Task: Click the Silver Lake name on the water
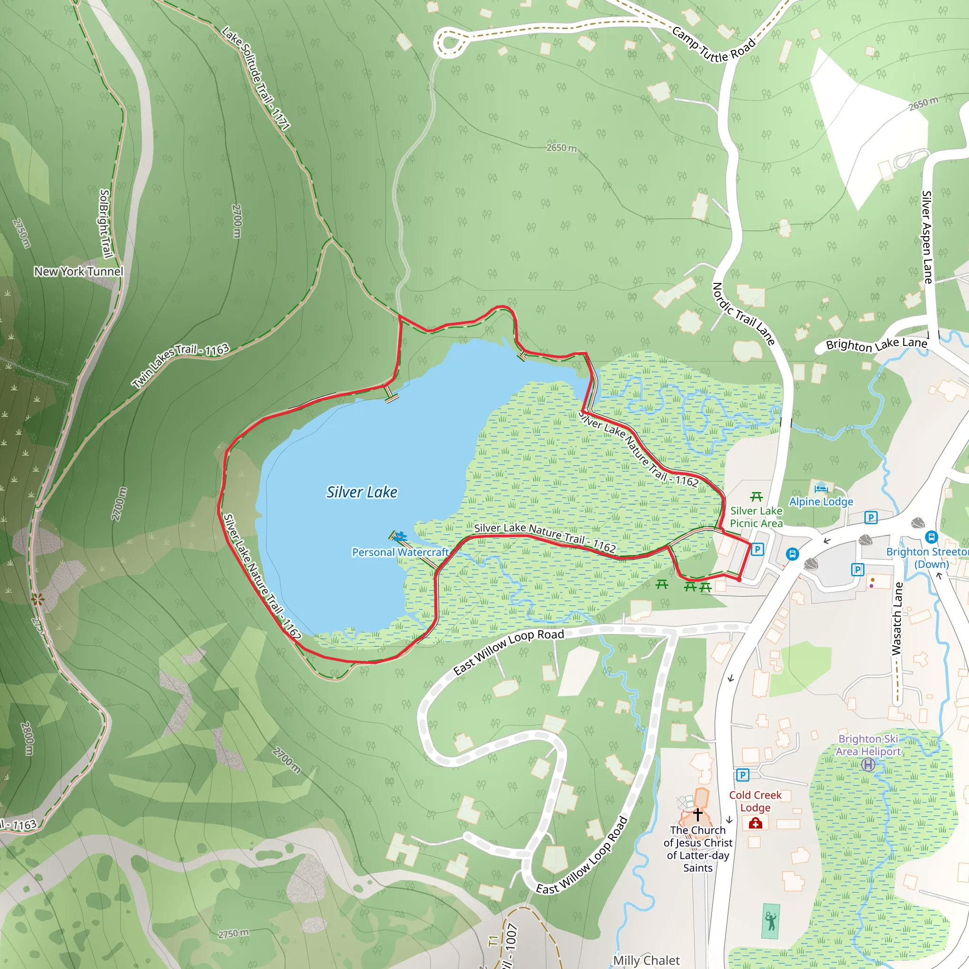pos(361,493)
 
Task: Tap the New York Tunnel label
pos(79,271)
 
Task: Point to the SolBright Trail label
pos(105,224)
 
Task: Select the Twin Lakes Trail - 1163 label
pos(181,366)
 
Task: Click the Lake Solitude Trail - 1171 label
pos(256,79)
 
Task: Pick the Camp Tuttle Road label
pos(713,44)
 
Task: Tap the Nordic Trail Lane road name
pos(743,314)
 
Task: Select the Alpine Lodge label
pos(821,502)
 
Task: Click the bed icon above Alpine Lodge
pos(821,487)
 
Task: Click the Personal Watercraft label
pos(400,552)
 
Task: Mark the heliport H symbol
pos(868,765)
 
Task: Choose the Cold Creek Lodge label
pos(755,801)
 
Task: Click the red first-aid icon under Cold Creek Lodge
pos(755,823)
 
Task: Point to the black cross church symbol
pos(698,813)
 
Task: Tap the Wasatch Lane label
pos(897,618)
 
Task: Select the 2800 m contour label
pos(27,739)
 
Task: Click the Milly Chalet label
pos(646,960)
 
